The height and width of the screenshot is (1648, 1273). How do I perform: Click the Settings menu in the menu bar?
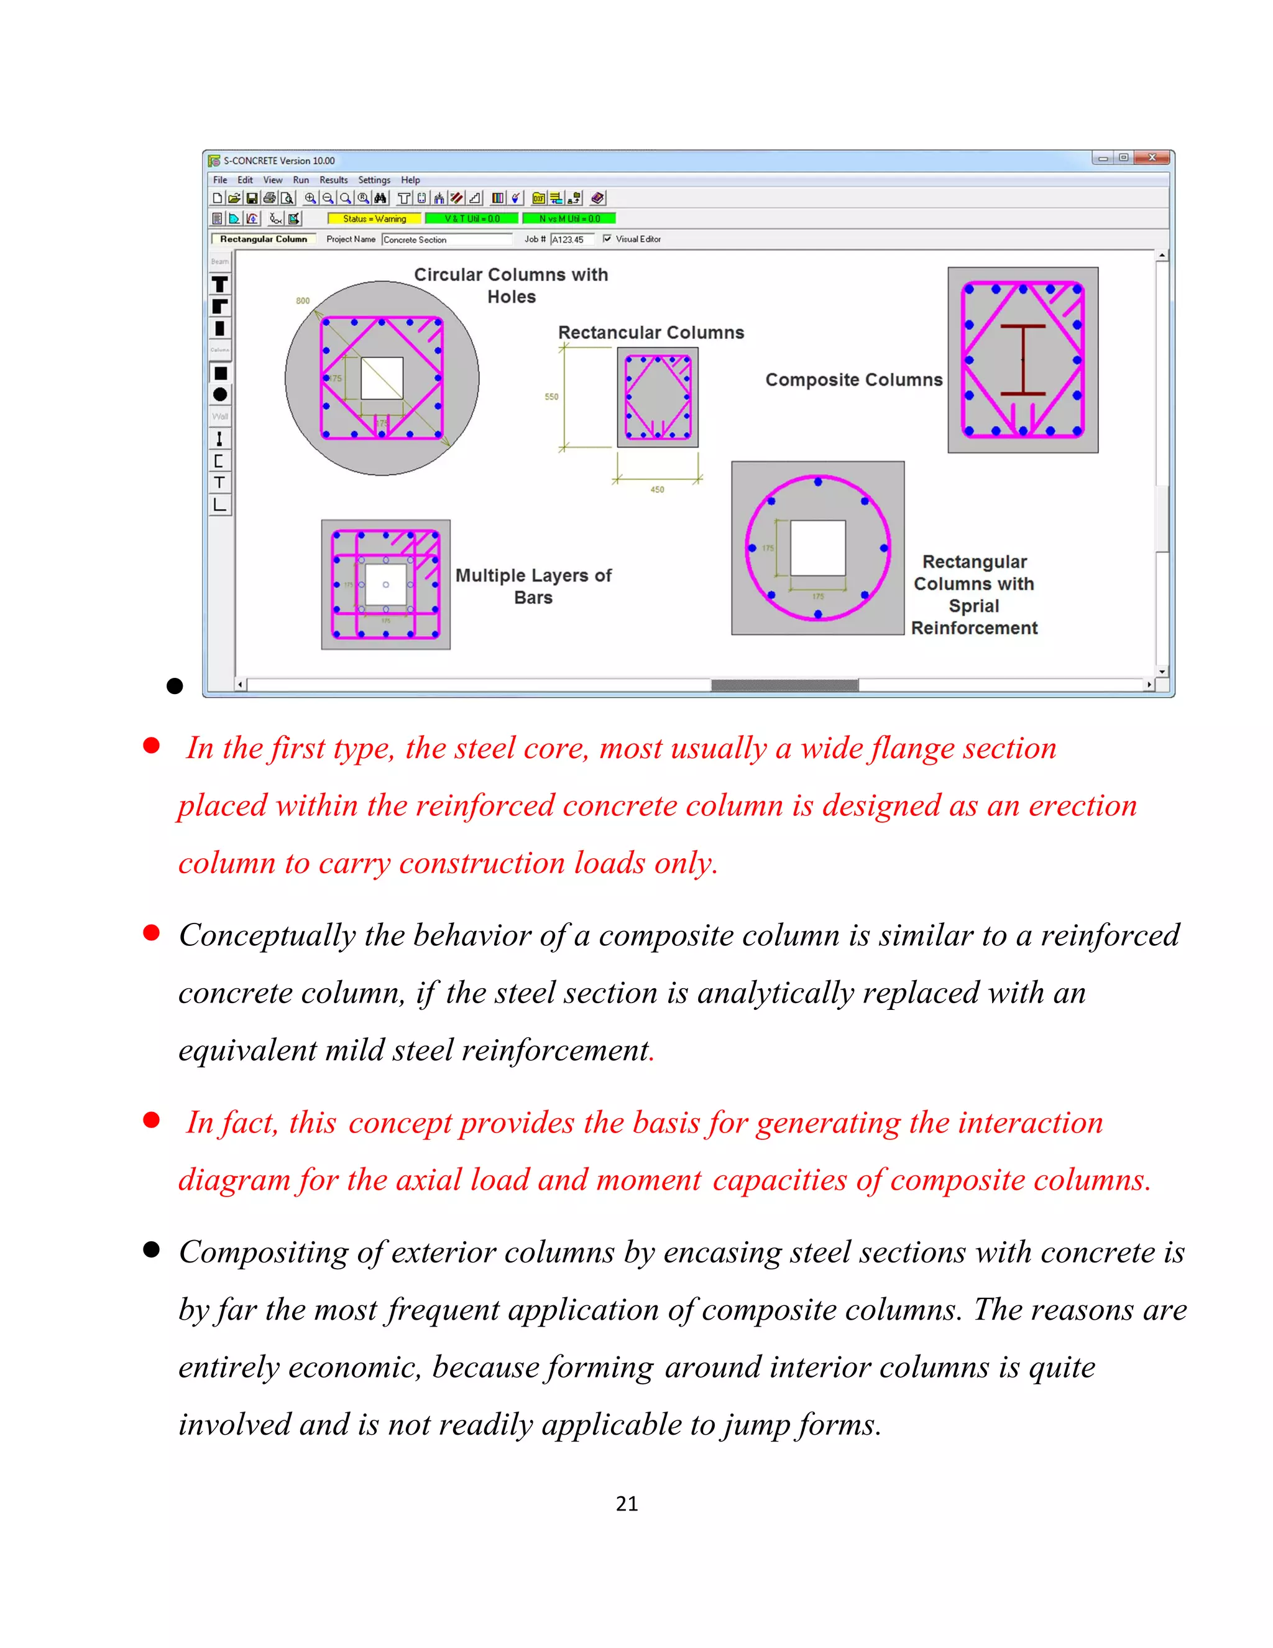pyautogui.click(x=374, y=180)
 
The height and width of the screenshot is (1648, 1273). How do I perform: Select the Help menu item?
pyautogui.click(x=410, y=180)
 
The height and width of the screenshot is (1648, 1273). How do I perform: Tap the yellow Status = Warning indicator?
pyautogui.click(x=374, y=219)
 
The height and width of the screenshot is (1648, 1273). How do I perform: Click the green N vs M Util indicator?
pyautogui.click(x=569, y=219)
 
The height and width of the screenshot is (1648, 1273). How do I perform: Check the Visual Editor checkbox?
pyautogui.click(x=607, y=238)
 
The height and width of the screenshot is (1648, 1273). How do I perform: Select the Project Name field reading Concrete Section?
pyautogui.click(x=446, y=239)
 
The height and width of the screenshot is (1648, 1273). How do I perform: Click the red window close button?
pyautogui.click(x=1152, y=158)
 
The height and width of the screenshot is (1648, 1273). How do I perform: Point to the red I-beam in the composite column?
pyautogui.click(x=1023, y=360)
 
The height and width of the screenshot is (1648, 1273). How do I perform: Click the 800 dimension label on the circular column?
pyautogui.click(x=303, y=300)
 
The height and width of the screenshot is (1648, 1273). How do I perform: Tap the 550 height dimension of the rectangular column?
pyautogui.click(x=551, y=397)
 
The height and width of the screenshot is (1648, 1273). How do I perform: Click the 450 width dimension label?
pyautogui.click(x=657, y=489)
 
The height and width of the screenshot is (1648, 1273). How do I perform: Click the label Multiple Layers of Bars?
pyautogui.click(x=533, y=586)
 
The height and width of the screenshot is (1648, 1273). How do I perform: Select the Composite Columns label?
pyautogui.click(x=853, y=379)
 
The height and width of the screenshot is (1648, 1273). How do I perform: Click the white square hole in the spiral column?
pyautogui.click(x=817, y=548)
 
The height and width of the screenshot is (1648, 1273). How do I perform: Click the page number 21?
pyautogui.click(x=627, y=1504)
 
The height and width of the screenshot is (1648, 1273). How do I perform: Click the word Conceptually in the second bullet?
pyautogui.click(x=267, y=936)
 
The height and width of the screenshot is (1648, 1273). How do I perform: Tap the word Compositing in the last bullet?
pyautogui.click(x=262, y=1252)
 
